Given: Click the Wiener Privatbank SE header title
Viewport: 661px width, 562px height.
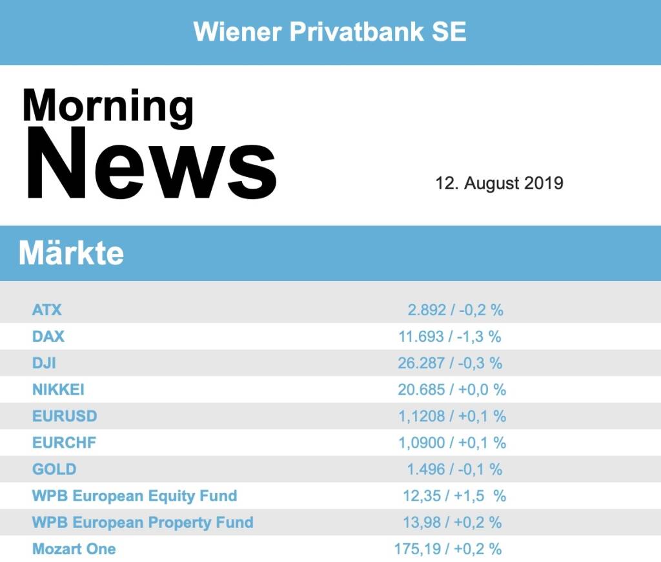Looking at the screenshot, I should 330,32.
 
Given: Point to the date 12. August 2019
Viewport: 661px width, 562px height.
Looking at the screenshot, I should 499,183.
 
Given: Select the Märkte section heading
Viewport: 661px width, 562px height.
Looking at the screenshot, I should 71,253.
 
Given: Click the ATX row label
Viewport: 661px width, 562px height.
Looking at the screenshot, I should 47,309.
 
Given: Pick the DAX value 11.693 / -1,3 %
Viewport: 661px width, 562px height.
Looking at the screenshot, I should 449,337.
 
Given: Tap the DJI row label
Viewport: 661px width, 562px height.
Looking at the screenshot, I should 44,363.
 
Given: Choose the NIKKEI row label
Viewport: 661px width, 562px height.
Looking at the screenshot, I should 58,390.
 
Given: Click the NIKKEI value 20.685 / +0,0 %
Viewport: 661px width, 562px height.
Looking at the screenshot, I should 452,390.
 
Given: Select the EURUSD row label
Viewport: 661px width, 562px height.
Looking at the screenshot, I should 65,416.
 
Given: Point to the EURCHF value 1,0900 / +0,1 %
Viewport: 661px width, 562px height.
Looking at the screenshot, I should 452,442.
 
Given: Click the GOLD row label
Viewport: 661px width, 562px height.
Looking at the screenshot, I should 54,469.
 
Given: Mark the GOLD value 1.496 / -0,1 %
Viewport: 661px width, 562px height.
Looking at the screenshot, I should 454,469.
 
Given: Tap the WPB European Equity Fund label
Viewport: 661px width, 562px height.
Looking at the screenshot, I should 134,496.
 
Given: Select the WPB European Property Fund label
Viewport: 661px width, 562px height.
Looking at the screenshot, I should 143,522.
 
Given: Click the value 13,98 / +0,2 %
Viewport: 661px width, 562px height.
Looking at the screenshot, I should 453,522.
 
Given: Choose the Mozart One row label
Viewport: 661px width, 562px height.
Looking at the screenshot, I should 74,549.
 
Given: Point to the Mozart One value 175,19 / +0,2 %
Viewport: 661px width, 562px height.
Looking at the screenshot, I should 448,549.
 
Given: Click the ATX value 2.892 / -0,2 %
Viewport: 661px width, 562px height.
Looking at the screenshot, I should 455,309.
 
